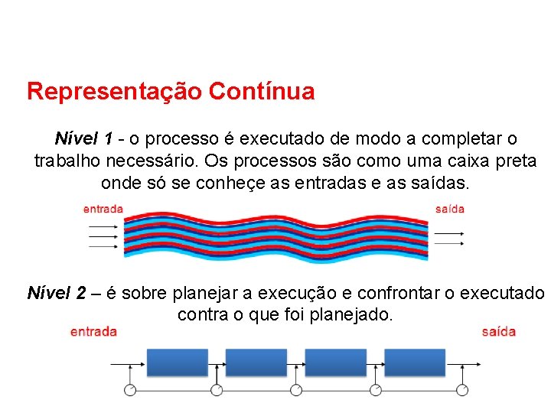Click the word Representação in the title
point(115,93)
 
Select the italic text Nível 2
point(56,293)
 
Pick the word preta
point(517,162)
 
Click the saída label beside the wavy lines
point(450,209)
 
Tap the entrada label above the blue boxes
point(93,332)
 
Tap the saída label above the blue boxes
point(499,332)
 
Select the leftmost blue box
point(176,363)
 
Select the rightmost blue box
point(415,363)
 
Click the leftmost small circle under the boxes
point(130,390)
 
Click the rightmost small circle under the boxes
point(461,390)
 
